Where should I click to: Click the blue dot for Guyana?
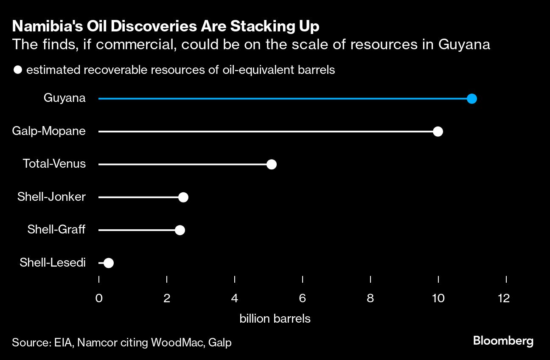[471, 99]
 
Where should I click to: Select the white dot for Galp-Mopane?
[438, 132]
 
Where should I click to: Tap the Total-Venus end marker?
[271, 164]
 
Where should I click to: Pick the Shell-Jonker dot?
[183, 197]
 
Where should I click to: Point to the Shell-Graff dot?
[180, 230]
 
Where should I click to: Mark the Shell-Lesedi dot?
[109, 263]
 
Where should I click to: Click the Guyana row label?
[65, 98]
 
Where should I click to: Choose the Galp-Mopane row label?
[49, 131]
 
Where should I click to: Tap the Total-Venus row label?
[54, 163]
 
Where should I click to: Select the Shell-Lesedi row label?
[53, 262]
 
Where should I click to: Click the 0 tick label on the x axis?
[99, 298]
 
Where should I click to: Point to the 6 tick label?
[302, 298]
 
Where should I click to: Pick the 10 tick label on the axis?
[438, 298]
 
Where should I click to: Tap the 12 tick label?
[504, 298]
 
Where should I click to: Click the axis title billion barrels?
[275, 319]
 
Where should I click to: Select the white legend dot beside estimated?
[18, 70]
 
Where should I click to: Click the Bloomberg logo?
[503, 341]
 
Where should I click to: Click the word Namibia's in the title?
[48, 26]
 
